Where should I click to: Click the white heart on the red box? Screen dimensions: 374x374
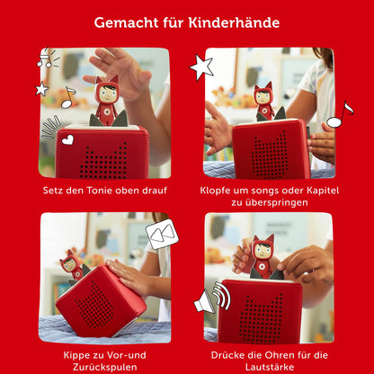pos(67,139)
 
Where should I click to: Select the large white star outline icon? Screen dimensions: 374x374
pos(200,67)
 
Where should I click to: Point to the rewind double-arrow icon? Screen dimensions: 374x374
pos(163,236)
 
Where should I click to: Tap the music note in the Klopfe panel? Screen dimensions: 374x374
pos(339,115)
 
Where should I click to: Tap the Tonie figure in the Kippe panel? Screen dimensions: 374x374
pos(72,265)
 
